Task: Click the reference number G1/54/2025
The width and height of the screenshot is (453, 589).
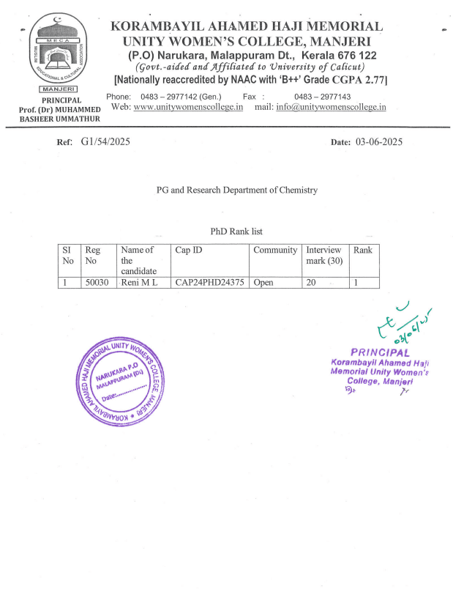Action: [105, 142]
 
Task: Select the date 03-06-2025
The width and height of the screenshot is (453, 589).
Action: [378, 142]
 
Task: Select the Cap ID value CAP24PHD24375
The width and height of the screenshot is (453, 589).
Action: [209, 281]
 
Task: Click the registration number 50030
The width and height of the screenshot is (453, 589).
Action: [97, 281]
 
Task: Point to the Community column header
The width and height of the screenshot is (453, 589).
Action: [275, 250]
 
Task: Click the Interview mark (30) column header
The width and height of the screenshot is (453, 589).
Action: [324, 256]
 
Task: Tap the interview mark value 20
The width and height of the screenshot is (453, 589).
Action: [312, 281]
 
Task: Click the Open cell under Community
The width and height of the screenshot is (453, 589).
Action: [263, 281]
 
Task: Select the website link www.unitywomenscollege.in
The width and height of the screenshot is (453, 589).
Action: [189, 107]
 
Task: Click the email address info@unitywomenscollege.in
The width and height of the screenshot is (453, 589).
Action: [331, 107]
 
